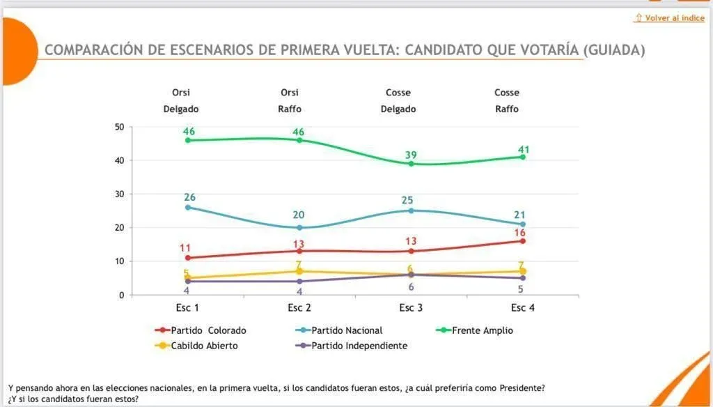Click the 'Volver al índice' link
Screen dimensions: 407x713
[670, 18]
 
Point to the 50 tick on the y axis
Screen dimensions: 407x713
[119, 127]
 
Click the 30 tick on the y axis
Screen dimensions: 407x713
[119, 194]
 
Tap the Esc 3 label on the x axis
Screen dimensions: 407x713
[410, 308]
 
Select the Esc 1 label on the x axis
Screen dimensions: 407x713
[187, 308]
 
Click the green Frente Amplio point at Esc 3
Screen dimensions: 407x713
[411, 164]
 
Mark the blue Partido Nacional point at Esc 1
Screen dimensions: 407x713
[188, 207]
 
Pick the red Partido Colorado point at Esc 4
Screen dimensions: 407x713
[522, 241]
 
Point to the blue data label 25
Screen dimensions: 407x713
[408, 201]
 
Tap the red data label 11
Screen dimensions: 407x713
[185, 247]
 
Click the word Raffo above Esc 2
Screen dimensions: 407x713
[289, 109]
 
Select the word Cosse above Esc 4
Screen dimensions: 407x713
[507, 92]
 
